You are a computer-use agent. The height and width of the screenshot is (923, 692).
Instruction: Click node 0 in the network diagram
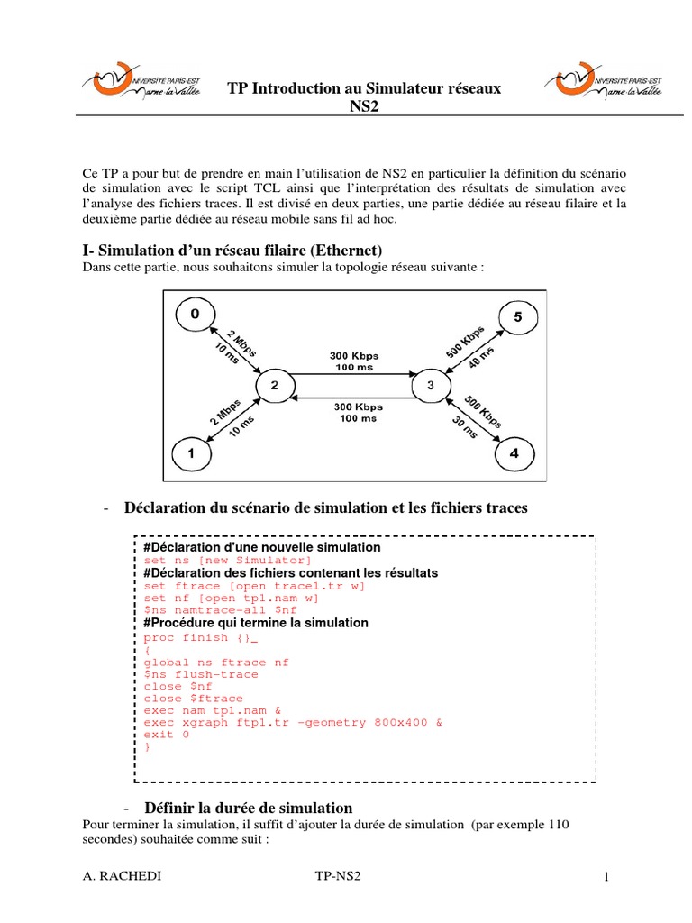pos(196,315)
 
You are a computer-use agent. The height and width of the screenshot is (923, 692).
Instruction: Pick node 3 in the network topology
pos(430,386)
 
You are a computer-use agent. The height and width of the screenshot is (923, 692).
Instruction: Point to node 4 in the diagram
pos(514,454)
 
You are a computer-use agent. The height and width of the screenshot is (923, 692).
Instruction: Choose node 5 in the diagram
pos(517,317)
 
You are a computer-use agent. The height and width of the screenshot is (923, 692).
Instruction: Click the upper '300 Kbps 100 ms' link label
pos(356,361)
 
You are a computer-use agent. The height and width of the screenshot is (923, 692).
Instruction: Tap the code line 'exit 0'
pos(167,735)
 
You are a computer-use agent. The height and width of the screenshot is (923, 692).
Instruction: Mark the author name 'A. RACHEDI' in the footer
pos(116,877)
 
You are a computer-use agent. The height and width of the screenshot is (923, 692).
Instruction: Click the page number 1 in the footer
pos(607,877)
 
